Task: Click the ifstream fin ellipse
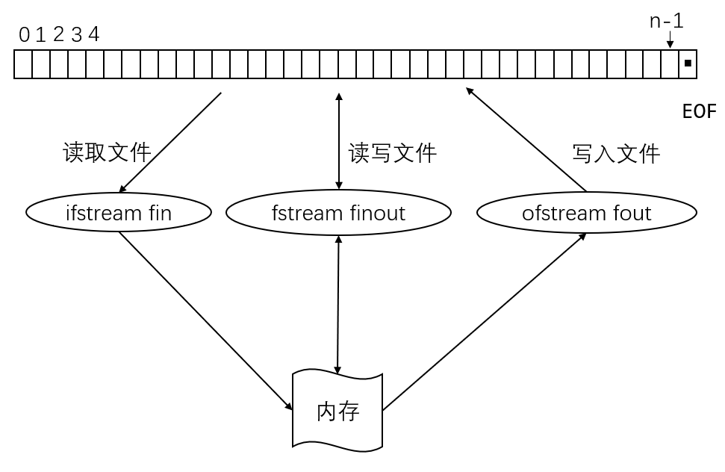click(x=119, y=213)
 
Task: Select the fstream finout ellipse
click(x=338, y=213)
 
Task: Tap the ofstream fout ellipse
click(x=586, y=213)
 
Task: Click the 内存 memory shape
click(x=337, y=411)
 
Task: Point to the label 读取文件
click(x=108, y=152)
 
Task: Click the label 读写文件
click(x=392, y=153)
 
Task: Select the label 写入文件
click(x=616, y=154)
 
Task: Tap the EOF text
click(x=699, y=112)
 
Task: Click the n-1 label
click(x=666, y=21)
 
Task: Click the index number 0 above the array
click(x=24, y=34)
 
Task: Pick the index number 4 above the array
click(x=93, y=34)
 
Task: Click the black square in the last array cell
click(x=688, y=64)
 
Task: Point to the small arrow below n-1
click(x=670, y=40)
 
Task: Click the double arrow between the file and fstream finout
click(x=339, y=141)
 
